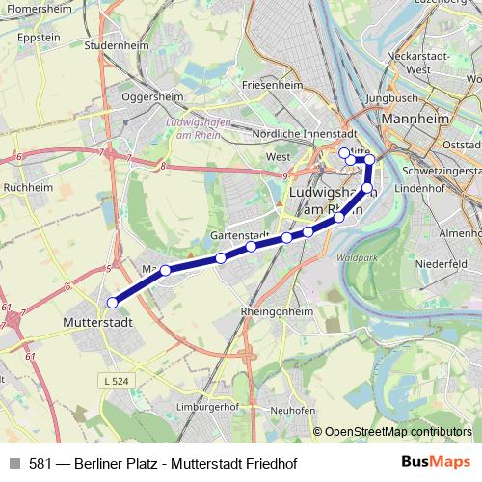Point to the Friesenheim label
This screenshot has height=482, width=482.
pos(273,85)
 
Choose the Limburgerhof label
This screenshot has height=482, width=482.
pos(209,407)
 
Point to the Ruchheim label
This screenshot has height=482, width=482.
pos(27,187)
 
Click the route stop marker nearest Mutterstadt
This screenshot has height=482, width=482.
pos(113,302)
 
